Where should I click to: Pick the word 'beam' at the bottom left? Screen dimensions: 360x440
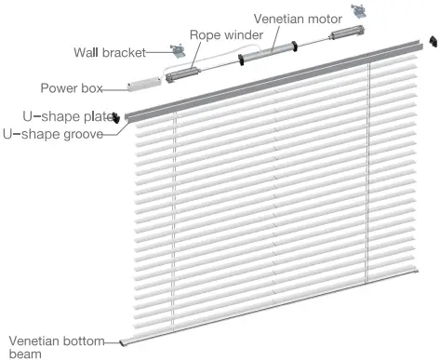23,353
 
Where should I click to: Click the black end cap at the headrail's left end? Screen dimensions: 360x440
116,117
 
